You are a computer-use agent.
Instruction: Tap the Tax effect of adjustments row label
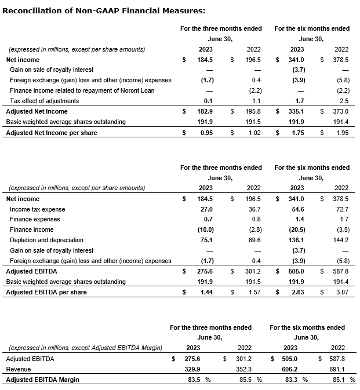(x=44, y=101)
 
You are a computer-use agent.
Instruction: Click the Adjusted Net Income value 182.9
(x=207, y=111)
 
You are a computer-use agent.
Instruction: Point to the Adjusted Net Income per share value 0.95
(x=207, y=133)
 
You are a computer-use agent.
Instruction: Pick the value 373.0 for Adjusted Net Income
(x=341, y=111)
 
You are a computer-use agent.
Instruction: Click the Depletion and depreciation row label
(x=46, y=240)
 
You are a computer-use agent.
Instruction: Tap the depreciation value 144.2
(x=341, y=240)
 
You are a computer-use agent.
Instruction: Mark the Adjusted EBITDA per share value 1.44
(x=207, y=293)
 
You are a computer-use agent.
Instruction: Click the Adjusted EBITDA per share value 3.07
(x=341, y=293)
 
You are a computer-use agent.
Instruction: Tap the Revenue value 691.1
(x=337, y=369)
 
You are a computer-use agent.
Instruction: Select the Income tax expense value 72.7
(x=341, y=209)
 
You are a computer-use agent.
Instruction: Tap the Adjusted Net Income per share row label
(x=52, y=133)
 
